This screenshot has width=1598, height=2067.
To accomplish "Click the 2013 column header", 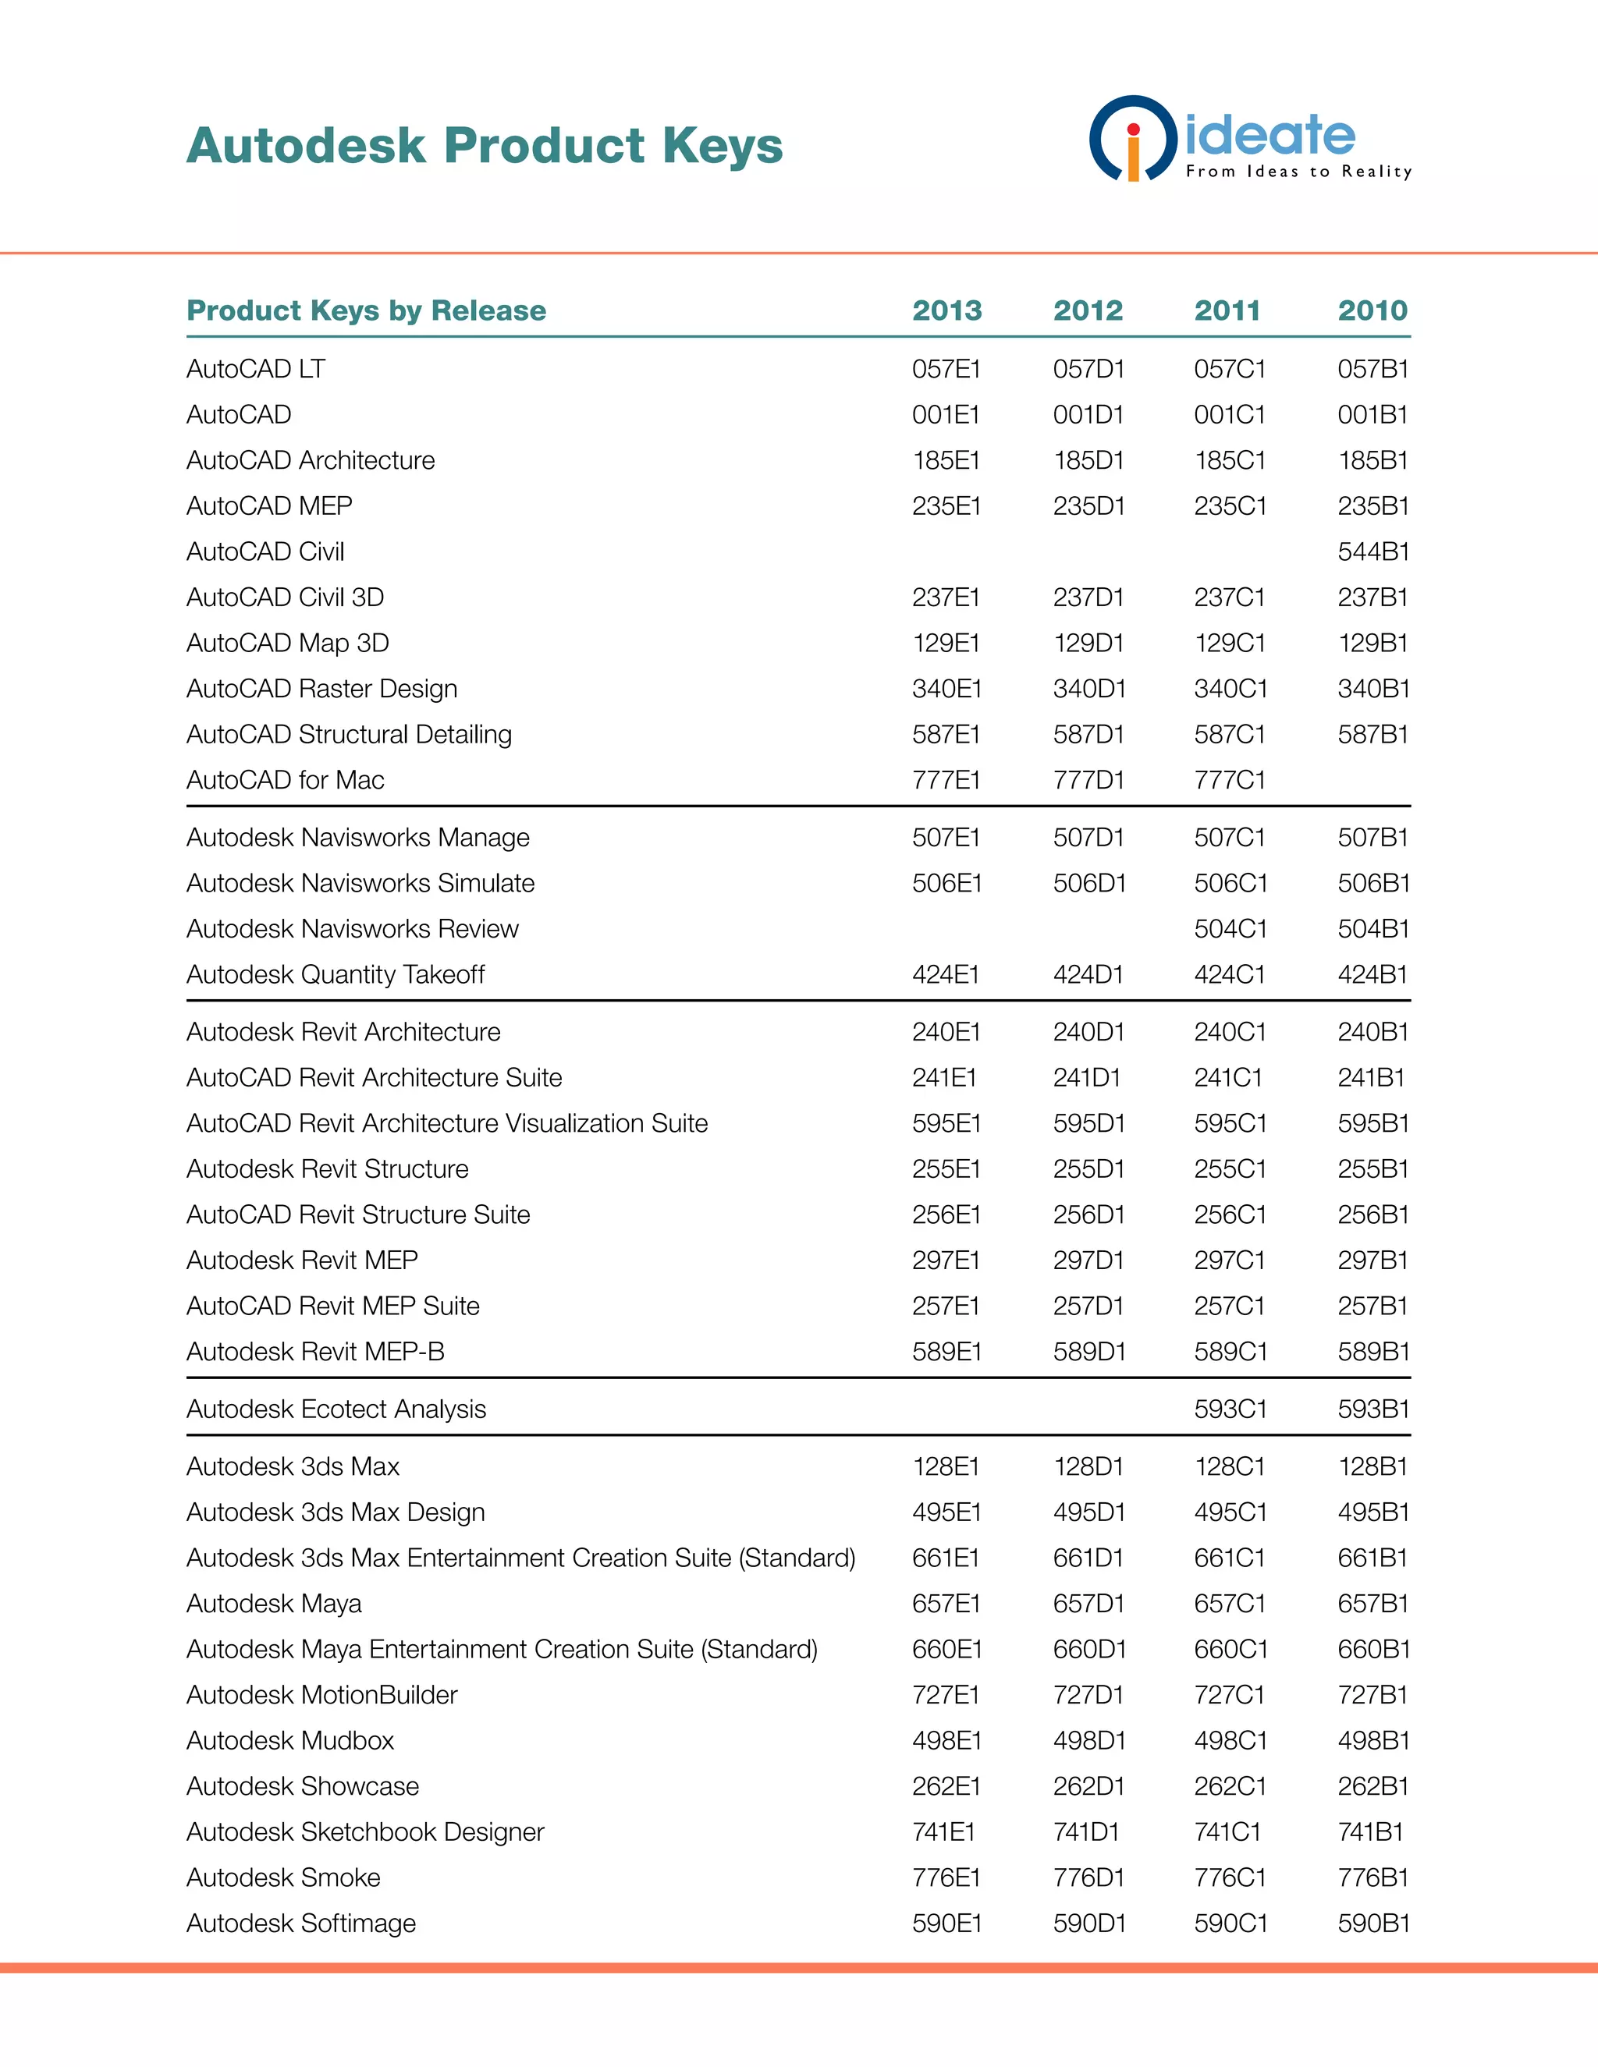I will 946,310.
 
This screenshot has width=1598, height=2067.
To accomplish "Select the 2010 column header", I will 1372,310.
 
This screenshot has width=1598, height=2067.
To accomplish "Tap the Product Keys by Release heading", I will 367,310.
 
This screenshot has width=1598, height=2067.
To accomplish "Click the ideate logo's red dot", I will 1133,129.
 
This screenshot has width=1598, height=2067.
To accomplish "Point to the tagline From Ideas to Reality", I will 1298,172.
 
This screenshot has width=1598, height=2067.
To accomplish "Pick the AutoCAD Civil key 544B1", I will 1373,551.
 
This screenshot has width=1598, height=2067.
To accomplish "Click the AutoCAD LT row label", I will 256,369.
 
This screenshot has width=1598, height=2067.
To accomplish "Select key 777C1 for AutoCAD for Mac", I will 1229,780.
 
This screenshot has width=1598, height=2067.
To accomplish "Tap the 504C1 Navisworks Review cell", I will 1230,928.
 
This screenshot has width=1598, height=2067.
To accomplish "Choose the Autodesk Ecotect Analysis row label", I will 336,1409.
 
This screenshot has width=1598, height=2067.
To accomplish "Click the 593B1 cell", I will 1373,1409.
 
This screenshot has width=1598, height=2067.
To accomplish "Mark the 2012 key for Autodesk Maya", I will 1088,1603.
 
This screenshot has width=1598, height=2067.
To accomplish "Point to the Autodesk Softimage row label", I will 301,1923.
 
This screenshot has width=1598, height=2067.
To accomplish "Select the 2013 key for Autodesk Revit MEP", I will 946,1260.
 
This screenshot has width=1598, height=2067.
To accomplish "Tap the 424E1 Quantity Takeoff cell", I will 946,974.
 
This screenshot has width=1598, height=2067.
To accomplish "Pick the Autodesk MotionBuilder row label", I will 322,1695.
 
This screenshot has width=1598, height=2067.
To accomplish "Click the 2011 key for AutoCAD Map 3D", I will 1229,643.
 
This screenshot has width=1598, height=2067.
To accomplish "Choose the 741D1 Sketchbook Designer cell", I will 1086,1832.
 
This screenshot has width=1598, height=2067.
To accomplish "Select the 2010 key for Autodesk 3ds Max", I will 1373,1467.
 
